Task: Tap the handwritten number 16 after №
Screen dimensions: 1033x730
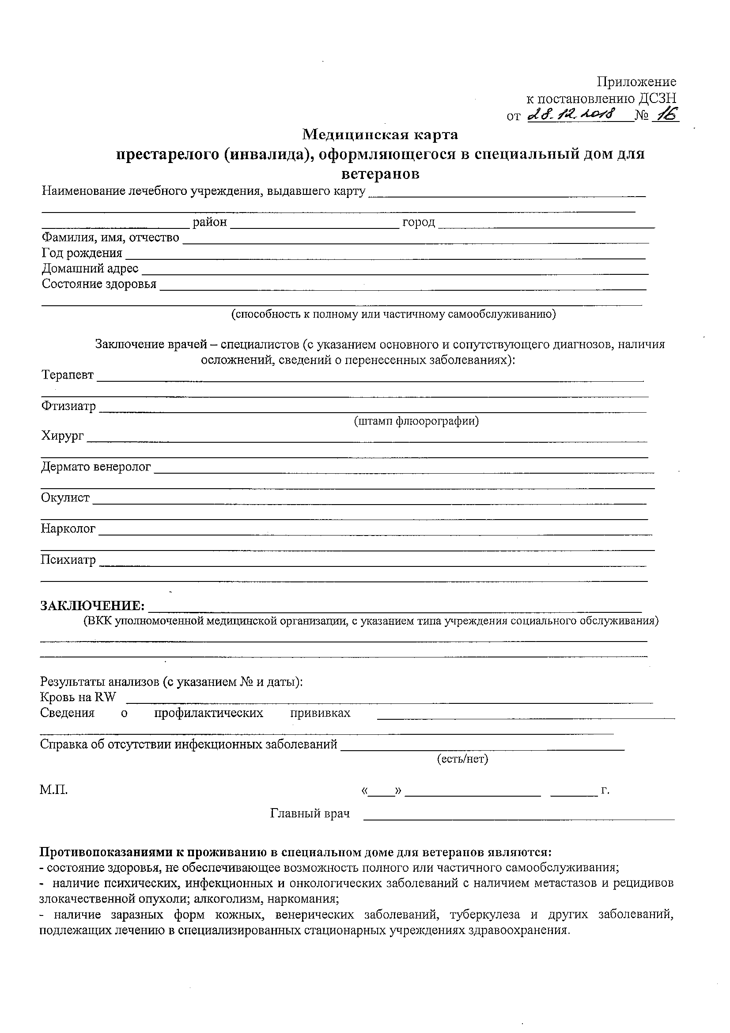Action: tap(666, 115)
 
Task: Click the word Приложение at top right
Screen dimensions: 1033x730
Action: tap(636, 82)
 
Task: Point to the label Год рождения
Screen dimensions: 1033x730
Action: tap(82, 253)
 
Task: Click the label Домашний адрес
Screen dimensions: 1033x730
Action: tap(90, 269)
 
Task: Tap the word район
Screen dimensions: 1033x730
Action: tap(210, 222)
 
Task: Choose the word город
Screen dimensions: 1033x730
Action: tap(418, 222)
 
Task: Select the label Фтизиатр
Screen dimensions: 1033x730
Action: tap(68, 406)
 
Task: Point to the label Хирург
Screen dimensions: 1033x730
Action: tap(63, 436)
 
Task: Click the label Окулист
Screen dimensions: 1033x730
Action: tap(65, 498)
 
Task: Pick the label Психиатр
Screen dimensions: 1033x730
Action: tap(68, 560)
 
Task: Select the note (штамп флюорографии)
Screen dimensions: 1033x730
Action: tap(416, 421)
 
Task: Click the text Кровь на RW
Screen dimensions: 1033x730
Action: tap(78, 697)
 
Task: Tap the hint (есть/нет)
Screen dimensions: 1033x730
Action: tap(462, 759)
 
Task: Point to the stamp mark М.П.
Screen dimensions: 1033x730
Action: tap(53, 790)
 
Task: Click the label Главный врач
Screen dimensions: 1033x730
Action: tap(310, 813)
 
